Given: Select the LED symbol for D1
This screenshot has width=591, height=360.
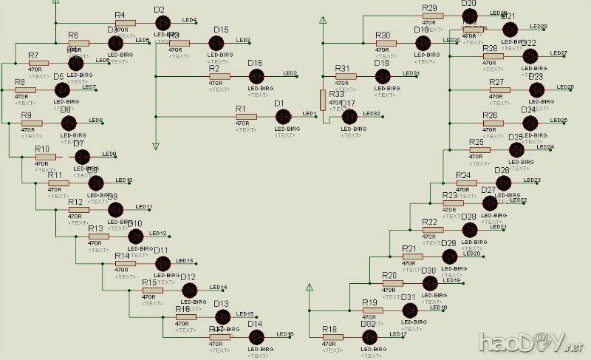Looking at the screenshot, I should point(283,116).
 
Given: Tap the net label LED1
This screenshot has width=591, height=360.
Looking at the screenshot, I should point(309,114).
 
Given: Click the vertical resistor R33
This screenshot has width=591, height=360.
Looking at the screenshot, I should point(323,100).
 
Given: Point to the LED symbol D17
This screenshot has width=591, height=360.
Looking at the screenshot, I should point(349,116).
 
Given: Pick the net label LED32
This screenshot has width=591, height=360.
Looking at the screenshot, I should point(371,114).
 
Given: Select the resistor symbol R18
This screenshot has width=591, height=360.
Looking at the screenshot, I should point(333,337).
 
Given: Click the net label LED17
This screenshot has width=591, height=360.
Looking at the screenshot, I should point(397,335).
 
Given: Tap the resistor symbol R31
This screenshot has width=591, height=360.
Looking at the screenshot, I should point(346,75).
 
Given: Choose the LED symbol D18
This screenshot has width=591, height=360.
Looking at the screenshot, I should point(383,75).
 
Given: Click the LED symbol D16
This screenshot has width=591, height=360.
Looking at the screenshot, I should point(255,75).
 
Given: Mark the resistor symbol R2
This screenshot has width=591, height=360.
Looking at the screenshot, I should point(219,75).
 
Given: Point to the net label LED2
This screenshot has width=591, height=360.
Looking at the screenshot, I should point(290,73).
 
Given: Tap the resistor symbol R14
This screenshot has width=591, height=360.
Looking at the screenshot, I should point(126,263).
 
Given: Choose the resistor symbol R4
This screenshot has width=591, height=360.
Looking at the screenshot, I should point(125,22).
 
